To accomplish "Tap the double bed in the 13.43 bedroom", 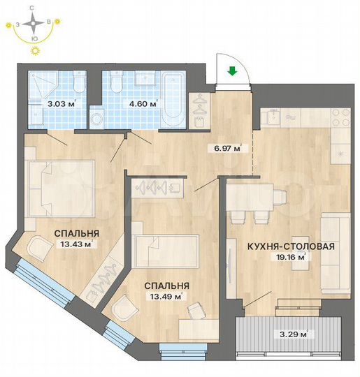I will [59, 185].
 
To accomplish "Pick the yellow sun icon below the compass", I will [33, 52].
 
